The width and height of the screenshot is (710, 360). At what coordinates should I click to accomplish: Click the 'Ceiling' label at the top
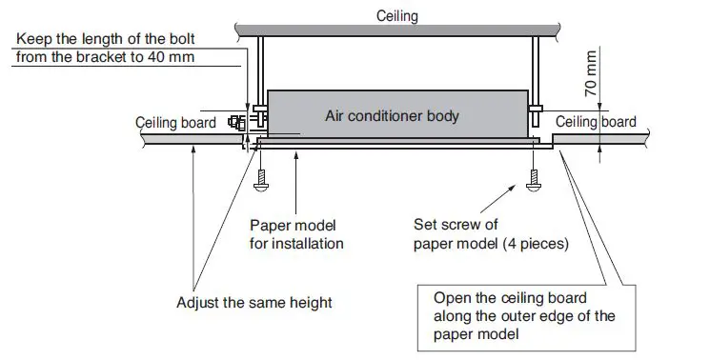pos(396,16)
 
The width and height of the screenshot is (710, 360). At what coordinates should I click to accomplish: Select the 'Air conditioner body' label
pos(392,116)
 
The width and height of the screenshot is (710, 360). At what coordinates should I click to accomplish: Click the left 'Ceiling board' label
pos(176,123)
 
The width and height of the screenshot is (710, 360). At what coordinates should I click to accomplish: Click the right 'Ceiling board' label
pos(596,122)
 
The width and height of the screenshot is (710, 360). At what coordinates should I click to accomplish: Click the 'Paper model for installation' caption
pos(296,235)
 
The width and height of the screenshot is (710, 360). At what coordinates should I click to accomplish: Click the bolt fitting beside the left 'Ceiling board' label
pos(235,122)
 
